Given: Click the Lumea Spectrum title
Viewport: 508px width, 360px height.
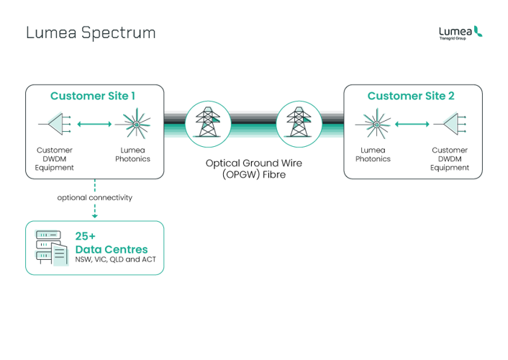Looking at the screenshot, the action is coord(91,33).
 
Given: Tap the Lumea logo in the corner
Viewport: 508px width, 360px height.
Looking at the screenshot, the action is coord(461,32).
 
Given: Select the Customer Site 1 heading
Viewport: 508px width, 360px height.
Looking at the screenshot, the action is coord(93,96).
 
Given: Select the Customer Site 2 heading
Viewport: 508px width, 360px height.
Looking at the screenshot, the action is coord(411,96).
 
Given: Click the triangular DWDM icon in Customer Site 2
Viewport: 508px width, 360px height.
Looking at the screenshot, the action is coord(450,124).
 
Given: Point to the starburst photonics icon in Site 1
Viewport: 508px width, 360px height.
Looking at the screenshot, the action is coord(136,124).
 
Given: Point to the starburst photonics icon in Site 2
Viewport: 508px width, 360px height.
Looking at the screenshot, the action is coord(376,124).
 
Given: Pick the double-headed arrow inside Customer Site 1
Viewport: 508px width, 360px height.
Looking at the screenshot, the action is coord(94,124).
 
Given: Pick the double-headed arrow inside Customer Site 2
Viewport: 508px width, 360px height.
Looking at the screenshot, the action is coord(412,124).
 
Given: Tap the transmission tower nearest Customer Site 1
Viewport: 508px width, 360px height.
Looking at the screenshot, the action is coord(208,124).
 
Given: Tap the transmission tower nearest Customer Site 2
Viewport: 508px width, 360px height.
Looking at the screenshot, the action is coord(299,124).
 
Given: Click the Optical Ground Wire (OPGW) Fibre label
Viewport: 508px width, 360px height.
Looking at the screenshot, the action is coord(254,168).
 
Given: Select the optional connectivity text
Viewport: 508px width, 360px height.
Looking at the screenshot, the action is coord(95,197).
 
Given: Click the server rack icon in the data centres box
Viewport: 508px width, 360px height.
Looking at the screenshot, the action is coord(52,248).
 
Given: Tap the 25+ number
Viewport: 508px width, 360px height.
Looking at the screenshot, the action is coord(86,236).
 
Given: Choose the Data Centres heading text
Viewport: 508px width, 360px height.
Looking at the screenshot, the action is coord(112,249).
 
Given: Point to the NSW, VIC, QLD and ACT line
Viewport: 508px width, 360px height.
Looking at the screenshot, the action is coord(116,259).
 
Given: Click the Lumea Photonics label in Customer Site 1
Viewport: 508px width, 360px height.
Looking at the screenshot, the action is coord(133,154).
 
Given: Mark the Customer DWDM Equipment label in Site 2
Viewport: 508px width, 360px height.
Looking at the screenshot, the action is coord(450,159).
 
